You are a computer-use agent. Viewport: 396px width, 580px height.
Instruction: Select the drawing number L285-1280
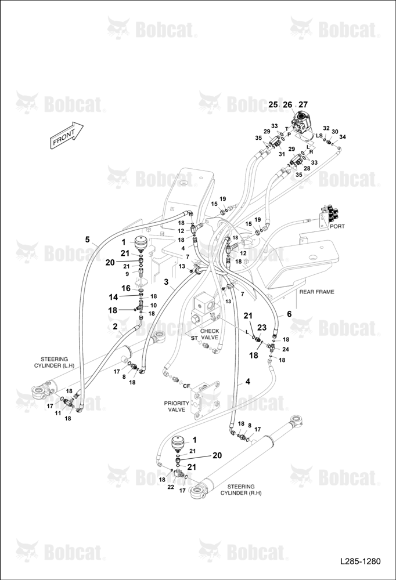pos(360,561)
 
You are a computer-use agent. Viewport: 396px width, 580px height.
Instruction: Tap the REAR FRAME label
pos(316,292)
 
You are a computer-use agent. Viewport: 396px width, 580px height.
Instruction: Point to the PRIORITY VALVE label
pos(177,406)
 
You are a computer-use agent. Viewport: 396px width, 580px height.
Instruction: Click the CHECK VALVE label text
pos(209,335)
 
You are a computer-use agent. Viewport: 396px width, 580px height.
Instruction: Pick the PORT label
pos(337,226)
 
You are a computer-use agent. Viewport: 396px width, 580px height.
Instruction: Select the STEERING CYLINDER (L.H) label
pos(54,362)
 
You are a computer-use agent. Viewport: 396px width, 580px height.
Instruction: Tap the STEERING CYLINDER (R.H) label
pos(241,490)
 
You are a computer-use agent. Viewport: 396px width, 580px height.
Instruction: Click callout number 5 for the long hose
pos(88,240)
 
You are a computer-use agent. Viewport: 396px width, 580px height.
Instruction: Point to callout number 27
pos(303,104)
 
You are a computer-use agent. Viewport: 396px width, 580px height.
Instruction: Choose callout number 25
pos(273,104)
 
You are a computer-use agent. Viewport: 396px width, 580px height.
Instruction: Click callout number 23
pos(262,328)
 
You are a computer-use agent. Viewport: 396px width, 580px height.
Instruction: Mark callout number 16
pos(126,288)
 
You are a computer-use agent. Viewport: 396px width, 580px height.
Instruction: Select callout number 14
pos(113,297)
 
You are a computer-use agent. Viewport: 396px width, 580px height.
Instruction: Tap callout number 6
pos(289,314)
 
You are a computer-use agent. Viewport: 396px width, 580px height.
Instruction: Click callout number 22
pos(170,487)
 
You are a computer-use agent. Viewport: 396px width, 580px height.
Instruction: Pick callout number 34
pos(343,137)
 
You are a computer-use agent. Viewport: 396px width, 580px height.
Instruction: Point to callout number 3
pos(167,282)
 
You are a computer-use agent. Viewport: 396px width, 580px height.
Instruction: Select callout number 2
pos(115,326)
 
